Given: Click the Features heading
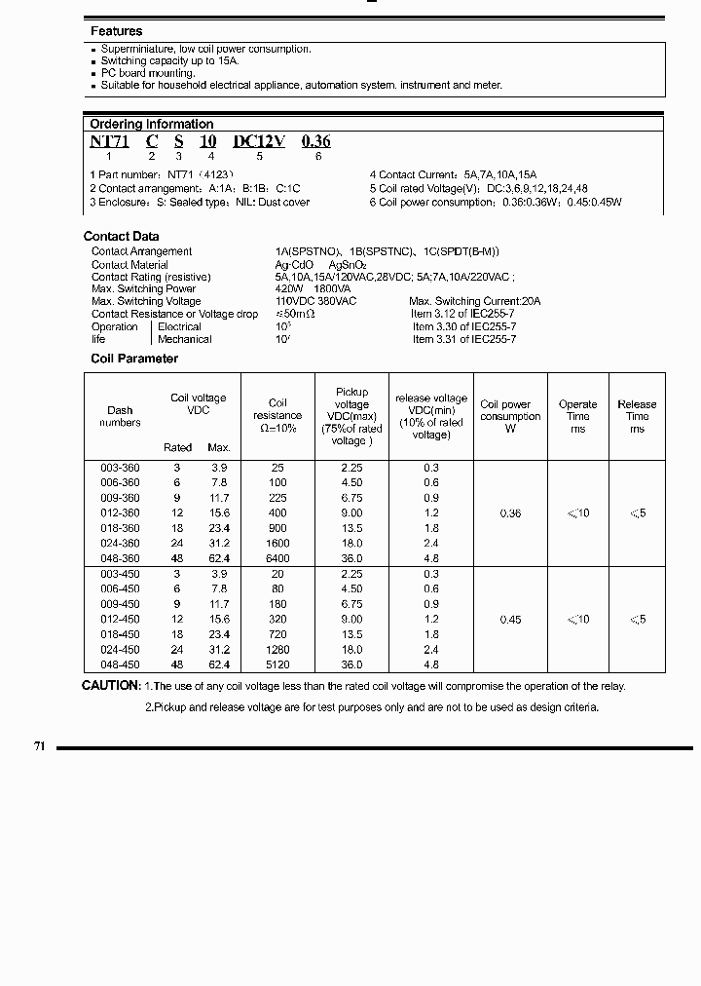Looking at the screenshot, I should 116,31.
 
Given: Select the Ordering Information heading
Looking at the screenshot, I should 151,124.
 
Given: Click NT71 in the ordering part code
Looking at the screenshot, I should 109,141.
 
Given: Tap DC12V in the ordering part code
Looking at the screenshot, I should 259,141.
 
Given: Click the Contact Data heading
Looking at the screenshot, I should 121,236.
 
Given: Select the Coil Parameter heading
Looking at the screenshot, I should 134,359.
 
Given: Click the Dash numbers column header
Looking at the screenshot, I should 120,416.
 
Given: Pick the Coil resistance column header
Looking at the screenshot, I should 277,415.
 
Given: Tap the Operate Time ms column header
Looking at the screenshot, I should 577,416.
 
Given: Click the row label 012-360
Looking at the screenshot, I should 120,513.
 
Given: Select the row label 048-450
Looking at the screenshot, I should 120,664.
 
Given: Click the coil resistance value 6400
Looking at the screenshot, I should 277,558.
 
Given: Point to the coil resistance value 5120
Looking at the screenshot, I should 277,664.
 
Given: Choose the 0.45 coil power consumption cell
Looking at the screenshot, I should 510,620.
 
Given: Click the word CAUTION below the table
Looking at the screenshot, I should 112,686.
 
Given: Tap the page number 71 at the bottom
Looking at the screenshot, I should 40,746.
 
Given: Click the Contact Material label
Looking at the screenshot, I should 129,264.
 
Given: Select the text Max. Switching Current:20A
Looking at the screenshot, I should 474,302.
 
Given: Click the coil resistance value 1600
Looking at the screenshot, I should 277,544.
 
